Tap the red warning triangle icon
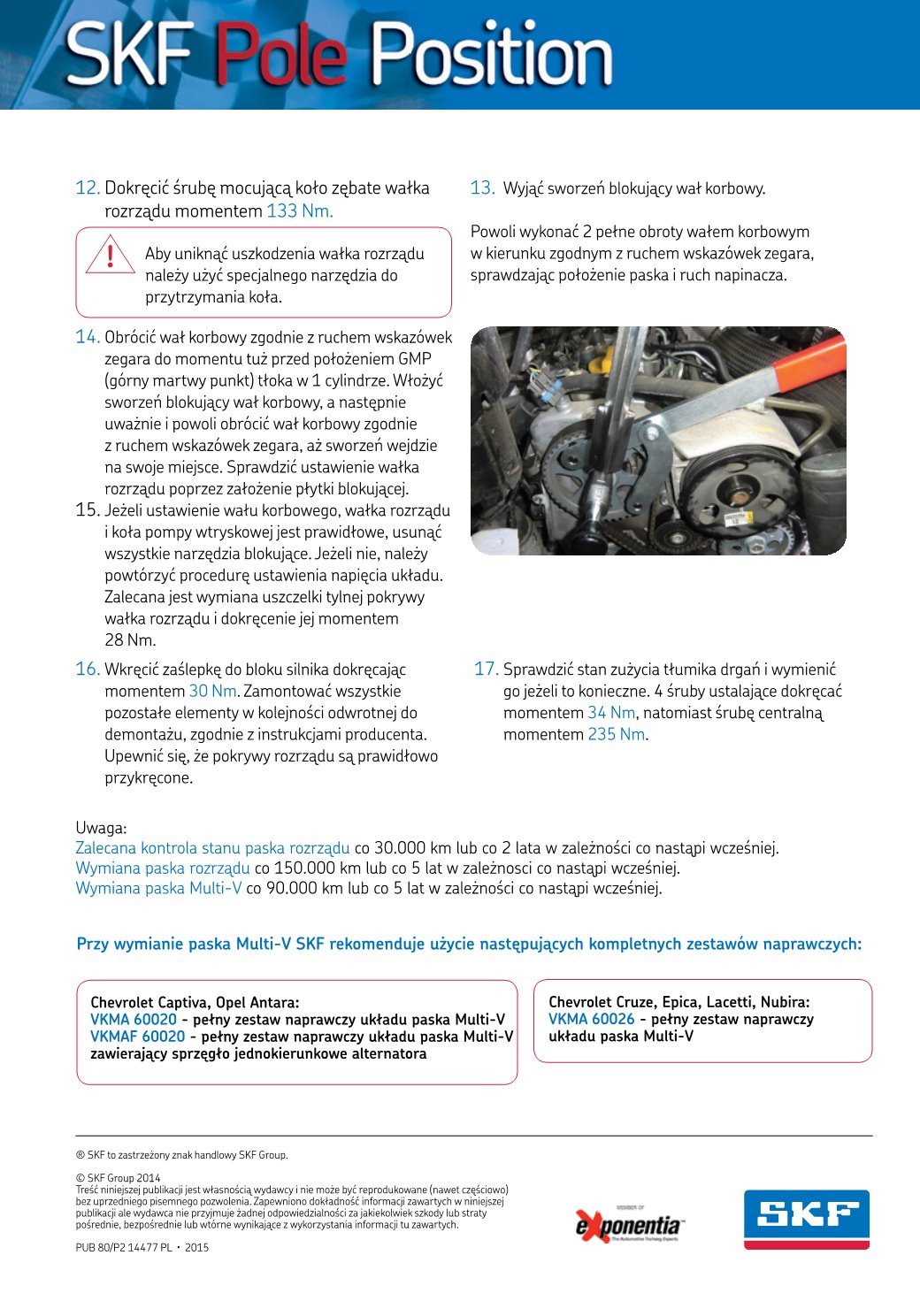110,254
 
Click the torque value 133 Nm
299,211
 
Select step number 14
87,337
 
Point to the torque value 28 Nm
130,640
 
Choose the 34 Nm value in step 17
611,713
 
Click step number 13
482,188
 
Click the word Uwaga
101,829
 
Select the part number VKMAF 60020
137,1037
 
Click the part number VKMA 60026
591,1020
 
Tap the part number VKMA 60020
133,1020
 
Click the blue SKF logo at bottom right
806,1219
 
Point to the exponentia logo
629,1225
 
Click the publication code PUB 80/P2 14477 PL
124,1248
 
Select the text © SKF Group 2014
118,1178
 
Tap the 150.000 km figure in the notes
305,869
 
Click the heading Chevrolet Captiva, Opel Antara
195,1003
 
